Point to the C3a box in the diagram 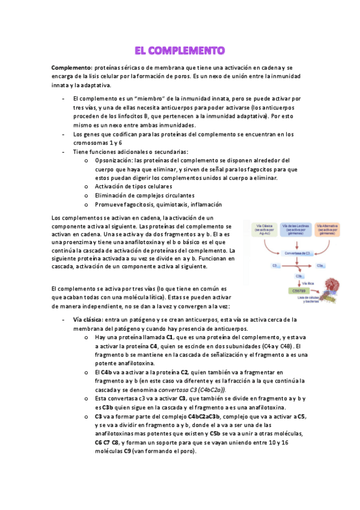(321, 265)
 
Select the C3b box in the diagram (299, 276)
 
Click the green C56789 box (297, 291)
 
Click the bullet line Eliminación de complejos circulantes (144, 195)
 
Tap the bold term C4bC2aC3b (203, 416)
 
